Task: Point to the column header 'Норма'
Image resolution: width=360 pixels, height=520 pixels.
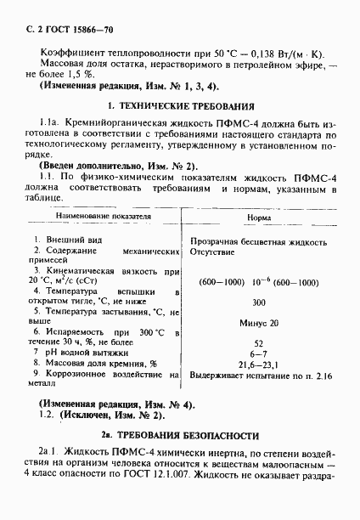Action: pyautogui.click(x=259, y=218)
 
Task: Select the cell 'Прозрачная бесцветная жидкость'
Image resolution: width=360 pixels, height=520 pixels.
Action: pyautogui.click(x=259, y=241)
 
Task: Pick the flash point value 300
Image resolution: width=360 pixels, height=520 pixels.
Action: pyautogui.click(x=259, y=302)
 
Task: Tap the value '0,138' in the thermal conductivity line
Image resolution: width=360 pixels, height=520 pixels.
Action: pyautogui.click(x=245, y=53)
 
